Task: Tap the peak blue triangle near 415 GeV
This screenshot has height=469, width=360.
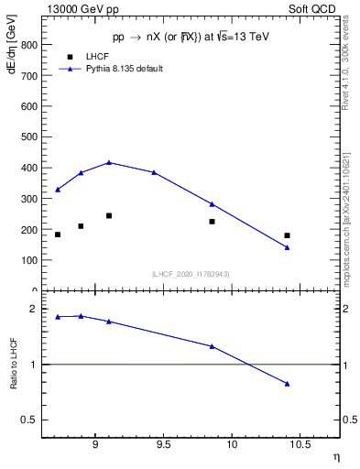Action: [109, 163]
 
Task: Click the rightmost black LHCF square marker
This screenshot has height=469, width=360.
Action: [287, 235]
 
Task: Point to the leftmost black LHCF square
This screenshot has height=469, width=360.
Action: [58, 234]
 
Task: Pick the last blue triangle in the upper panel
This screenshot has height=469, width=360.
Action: [287, 247]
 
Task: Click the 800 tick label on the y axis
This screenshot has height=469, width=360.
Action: [28, 45]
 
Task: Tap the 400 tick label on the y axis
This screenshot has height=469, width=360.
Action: [28, 169]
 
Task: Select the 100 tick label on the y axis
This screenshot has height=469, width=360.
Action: [28, 261]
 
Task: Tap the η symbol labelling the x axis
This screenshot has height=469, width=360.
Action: [335, 455]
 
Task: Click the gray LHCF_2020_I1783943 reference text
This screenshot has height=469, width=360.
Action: [190, 274]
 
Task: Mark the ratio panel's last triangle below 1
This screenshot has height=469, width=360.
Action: [287, 384]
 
